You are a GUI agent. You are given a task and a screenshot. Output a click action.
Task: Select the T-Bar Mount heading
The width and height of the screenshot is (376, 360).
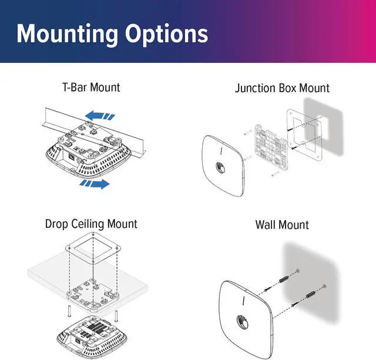pos(90,88)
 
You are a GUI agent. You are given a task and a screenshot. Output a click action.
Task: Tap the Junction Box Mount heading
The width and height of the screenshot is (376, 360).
pos(282,88)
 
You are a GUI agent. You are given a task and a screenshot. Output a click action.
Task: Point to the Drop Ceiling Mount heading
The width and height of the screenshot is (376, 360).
pos(91,224)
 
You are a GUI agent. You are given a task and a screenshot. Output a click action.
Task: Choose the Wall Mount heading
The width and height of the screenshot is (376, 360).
pos(282,225)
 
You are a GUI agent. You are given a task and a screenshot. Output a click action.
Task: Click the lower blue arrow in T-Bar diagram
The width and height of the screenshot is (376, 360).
pos(95,184)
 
